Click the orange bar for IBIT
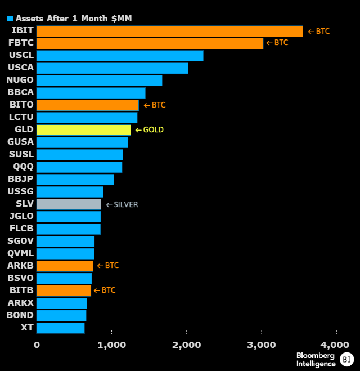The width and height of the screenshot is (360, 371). point(169,31)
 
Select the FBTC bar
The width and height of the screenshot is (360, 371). point(150,43)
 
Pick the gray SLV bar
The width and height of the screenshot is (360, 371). point(69,204)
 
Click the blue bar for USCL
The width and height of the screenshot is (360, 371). point(120,56)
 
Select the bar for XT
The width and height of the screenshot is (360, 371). point(60,328)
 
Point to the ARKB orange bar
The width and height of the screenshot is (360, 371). point(65,266)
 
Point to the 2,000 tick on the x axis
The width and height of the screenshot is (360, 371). point(186,345)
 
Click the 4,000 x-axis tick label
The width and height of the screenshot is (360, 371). point(336,345)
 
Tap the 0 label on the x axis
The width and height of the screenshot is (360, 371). point(37,345)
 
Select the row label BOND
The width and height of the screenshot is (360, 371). point(20,315)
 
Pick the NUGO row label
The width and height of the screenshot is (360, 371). point(20,81)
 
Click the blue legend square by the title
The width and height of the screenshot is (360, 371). point(10,18)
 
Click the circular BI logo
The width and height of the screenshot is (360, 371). point(346,359)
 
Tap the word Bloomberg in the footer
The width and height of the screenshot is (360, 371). point(316,355)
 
